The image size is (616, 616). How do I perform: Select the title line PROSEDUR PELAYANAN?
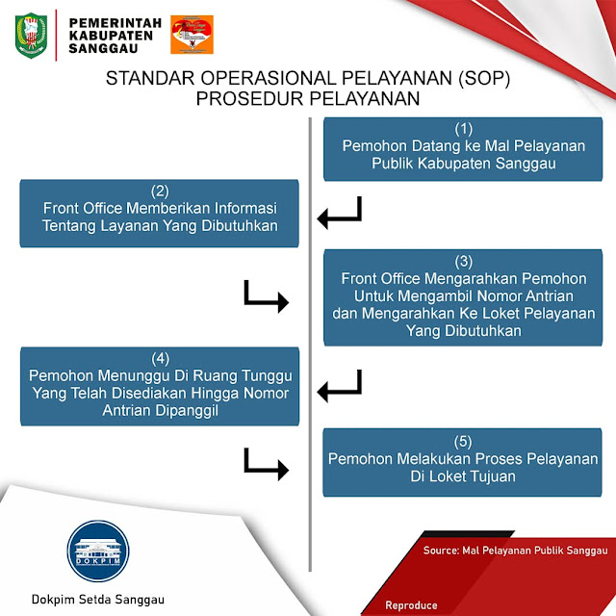pyautogui.click(x=308, y=98)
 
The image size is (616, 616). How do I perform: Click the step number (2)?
pyautogui.click(x=160, y=190)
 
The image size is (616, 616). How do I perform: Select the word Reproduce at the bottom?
pyautogui.click(x=411, y=605)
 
